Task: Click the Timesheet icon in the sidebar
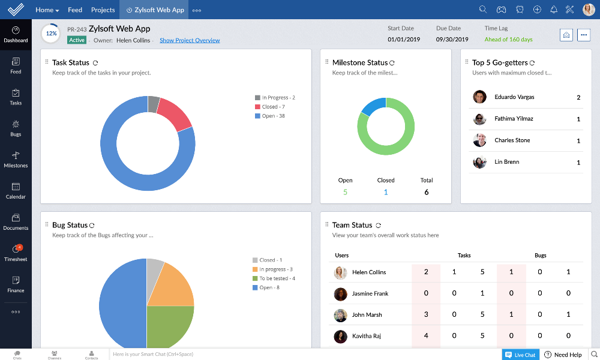click(x=16, y=250)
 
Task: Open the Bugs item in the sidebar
click(x=16, y=125)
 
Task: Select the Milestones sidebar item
click(x=16, y=156)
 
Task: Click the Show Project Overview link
click(x=190, y=40)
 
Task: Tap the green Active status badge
click(x=77, y=40)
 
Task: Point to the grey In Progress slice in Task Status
click(x=154, y=104)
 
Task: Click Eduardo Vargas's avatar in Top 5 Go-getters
click(x=479, y=97)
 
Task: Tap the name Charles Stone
click(x=512, y=140)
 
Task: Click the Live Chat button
click(x=520, y=355)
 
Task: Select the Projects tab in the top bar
click(x=103, y=10)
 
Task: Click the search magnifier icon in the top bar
click(x=483, y=10)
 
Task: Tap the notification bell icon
click(x=554, y=10)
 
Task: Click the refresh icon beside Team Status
click(x=378, y=225)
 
